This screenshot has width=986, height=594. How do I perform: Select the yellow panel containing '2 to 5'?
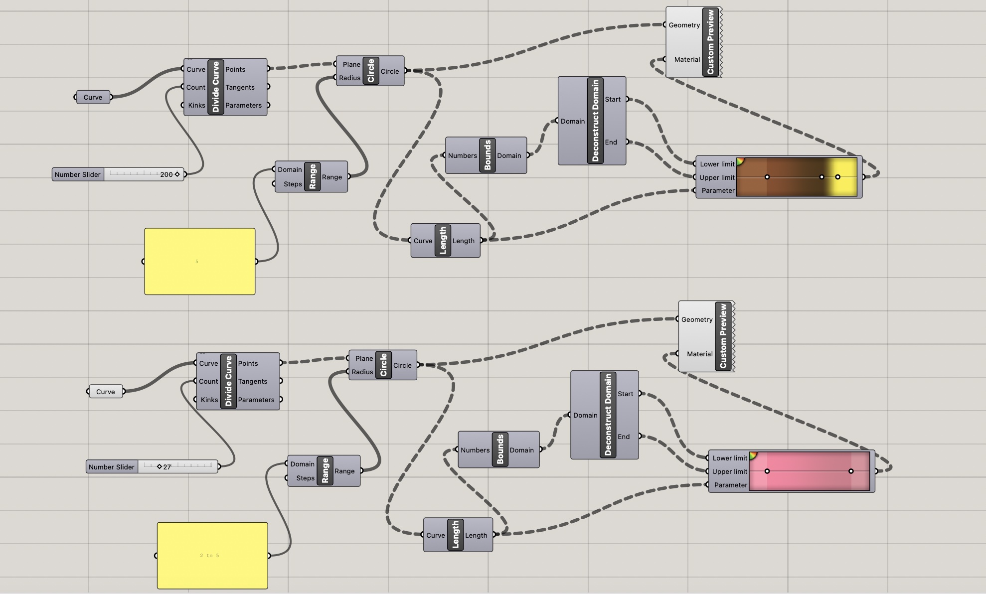click(212, 555)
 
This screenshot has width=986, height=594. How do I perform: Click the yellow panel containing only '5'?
click(199, 261)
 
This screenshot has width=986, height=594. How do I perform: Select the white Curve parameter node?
click(105, 392)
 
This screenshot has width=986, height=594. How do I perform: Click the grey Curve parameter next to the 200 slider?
click(93, 97)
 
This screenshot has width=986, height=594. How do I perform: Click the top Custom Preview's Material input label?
click(687, 59)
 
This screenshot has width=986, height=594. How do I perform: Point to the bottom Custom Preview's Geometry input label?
click(696, 319)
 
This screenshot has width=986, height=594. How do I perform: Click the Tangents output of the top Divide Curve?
click(240, 87)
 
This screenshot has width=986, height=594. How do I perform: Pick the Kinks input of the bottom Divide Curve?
click(209, 400)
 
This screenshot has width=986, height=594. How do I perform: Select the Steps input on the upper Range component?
click(293, 184)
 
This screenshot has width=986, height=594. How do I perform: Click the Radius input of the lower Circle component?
click(362, 372)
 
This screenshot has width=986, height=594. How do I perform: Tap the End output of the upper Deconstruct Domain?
click(611, 142)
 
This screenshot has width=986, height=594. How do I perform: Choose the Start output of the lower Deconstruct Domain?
click(625, 394)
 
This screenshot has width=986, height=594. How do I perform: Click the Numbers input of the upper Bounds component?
click(462, 155)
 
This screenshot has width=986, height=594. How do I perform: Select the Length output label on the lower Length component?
click(476, 535)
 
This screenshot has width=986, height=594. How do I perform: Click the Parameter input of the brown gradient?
click(717, 190)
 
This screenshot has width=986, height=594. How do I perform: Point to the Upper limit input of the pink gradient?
click(729, 471)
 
